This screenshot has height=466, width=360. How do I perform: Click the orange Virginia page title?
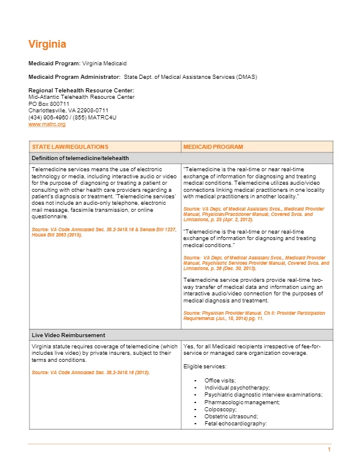point(47,44)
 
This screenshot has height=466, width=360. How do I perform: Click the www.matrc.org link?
point(46,124)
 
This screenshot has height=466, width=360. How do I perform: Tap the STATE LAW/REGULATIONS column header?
point(70,147)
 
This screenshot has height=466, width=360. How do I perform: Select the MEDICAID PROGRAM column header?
point(213,147)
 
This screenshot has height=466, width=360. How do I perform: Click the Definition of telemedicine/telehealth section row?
point(80,158)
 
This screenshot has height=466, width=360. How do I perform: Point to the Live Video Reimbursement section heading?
point(68,335)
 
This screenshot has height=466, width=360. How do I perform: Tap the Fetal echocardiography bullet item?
point(236,423)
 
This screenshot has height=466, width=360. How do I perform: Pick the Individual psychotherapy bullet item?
point(237,388)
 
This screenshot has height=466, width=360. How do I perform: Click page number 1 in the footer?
point(329,450)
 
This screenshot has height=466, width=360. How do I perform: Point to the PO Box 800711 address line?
point(49,104)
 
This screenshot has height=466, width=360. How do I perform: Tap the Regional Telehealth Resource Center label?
point(77,90)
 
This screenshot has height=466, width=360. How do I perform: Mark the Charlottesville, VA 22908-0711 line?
point(68,111)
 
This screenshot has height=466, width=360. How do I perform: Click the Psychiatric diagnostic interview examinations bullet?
point(263,395)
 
